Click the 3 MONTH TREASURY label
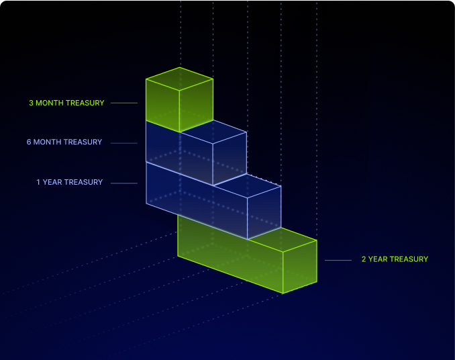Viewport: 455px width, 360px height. [x=66, y=103]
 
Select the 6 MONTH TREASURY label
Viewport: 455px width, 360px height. [x=64, y=142]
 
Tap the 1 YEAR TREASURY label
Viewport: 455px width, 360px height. [x=70, y=182]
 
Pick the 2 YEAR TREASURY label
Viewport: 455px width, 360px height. [x=395, y=259]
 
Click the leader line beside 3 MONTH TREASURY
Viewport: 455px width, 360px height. [x=124, y=103]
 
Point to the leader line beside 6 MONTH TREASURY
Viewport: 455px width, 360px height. [x=124, y=142]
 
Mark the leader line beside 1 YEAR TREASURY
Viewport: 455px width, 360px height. [x=124, y=182]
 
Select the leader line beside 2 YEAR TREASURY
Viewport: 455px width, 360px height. [x=338, y=259]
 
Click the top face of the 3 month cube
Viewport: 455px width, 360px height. [x=179, y=79]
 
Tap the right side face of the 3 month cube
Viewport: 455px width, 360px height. [x=196, y=104]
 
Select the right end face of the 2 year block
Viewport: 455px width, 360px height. [x=299, y=267]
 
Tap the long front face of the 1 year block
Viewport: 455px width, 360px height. [x=197, y=201]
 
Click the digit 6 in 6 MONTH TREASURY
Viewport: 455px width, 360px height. [x=29, y=142]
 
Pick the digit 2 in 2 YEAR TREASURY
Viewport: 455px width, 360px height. [x=364, y=259]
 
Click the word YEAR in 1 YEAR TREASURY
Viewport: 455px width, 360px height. [x=52, y=182]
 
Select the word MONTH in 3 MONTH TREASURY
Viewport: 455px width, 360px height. [x=48, y=103]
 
